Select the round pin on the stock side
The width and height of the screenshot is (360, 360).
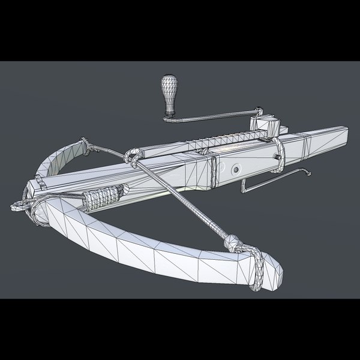pyautogui.click(x=236, y=170)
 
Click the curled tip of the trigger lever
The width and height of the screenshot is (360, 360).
pyautogui.click(x=307, y=174)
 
